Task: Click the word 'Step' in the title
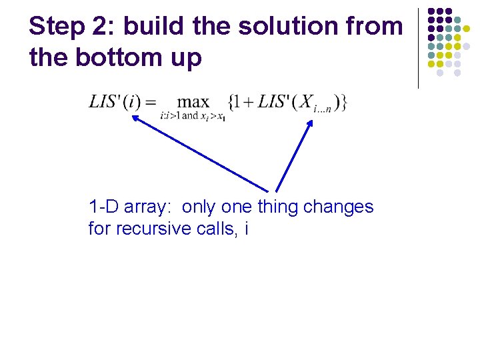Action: [x=55, y=27]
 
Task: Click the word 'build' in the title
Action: [x=155, y=27]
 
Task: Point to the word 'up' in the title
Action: [x=186, y=59]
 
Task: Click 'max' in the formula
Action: [x=193, y=102]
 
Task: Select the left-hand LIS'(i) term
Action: [x=113, y=102]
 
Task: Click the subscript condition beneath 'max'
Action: [x=193, y=116]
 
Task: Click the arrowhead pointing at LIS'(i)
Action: [x=134, y=119]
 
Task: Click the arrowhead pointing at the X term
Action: [x=310, y=123]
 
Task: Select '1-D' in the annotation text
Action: [x=103, y=207]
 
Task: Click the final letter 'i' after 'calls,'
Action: [x=247, y=229]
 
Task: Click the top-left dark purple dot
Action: [x=431, y=11]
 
